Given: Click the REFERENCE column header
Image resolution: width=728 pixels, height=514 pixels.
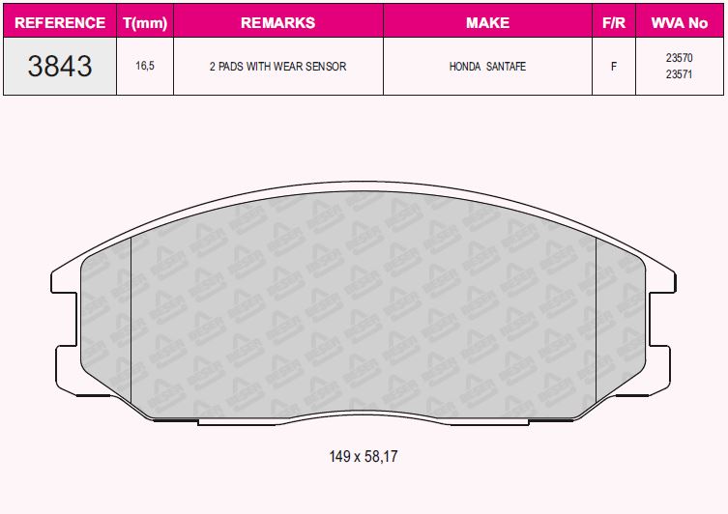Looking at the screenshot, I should coord(60,21).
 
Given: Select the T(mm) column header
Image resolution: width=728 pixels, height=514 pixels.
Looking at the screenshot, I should coord(144,21).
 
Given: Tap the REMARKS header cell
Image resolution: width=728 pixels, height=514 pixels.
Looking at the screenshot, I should coord(277,21).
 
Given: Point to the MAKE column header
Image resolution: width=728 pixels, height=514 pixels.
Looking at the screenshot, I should coord(487,21).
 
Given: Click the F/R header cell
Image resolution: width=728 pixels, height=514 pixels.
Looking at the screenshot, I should coord(613,21).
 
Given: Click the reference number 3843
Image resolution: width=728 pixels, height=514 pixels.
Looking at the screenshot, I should coord(60,67).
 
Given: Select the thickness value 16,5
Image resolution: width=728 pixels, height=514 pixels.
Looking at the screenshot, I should coord(144,67).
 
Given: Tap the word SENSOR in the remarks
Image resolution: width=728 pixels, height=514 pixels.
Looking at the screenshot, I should coord(326,67).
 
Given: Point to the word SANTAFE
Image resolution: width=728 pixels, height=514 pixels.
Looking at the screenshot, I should coord(507,67).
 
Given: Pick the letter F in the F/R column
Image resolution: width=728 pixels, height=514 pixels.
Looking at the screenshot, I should coord(613,67).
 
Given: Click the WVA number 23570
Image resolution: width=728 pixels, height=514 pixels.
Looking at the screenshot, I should coord(679,58).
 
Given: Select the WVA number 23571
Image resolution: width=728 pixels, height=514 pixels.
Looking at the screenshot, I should coord(679,75).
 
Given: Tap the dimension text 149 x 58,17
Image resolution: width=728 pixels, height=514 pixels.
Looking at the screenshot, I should coord(364,455).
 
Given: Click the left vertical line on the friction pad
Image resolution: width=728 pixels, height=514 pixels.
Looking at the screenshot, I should coord(131,319).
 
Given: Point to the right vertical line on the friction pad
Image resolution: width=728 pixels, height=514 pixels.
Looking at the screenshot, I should coord(597,319).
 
